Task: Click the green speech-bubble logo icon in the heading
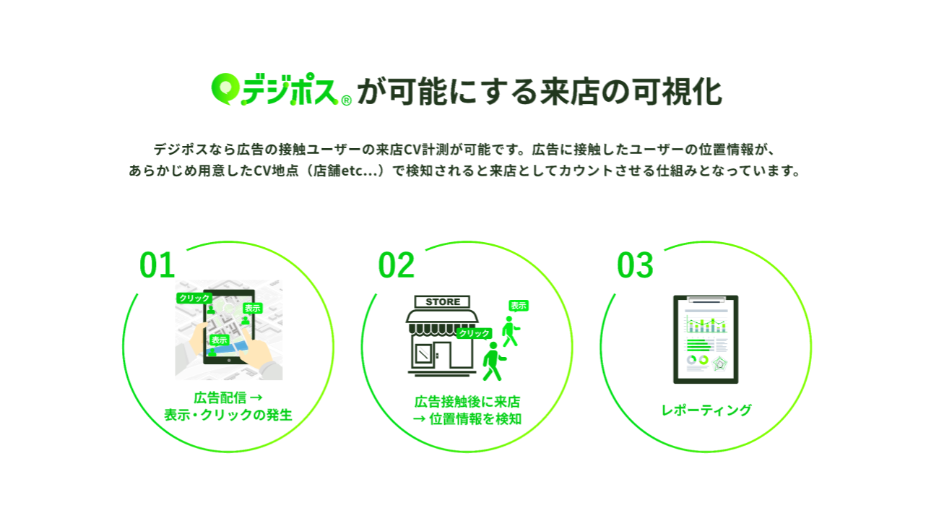pyautogui.click(x=225, y=88)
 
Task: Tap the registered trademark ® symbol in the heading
pyautogui.click(x=346, y=100)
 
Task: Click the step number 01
pyautogui.click(x=157, y=266)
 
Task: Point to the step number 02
pyautogui.click(x=397, y=266)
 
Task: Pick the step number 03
pyautogui.click(x=635, y=266)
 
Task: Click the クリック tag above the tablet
pyautogui.click(x=194, y=298)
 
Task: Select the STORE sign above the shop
pyautogui.click(x=443, y=301)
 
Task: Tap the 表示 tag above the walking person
pyautogui.click(x=518, y=306)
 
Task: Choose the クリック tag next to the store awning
pyautogui.click(x=474, y=333)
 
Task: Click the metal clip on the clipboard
pyautogui.click(x=706, y=298)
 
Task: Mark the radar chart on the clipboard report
pyautogui.click(x=719, y=363)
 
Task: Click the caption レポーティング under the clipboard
pyautogui.click(x=706, y=410)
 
